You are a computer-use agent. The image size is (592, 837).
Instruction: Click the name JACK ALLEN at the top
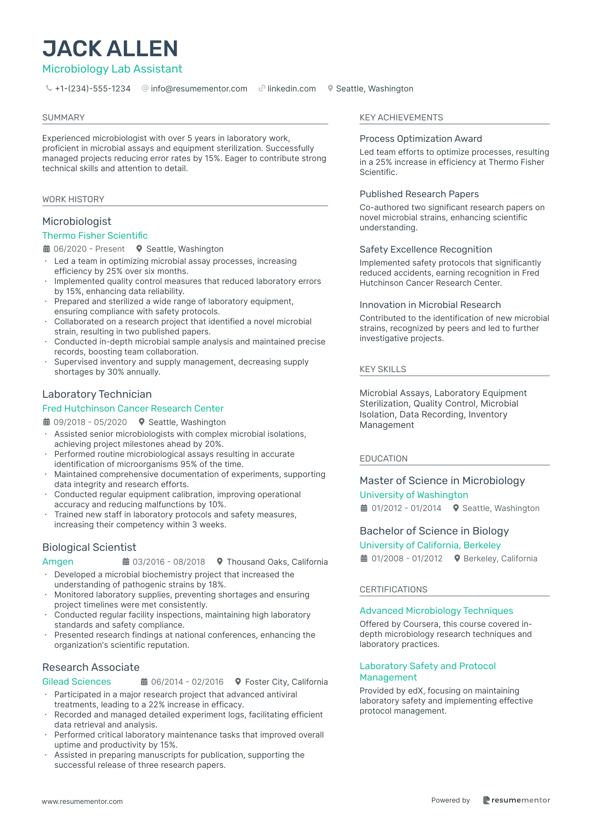[110, 49]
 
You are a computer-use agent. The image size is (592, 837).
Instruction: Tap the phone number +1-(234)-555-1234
[92, 89]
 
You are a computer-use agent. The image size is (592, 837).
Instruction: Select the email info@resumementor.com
[199, 89]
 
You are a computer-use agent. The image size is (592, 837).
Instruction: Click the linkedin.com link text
[291, 89]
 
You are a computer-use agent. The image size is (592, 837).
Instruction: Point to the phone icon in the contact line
[49, 88]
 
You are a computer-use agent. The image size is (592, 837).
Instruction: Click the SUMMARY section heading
[63, 117]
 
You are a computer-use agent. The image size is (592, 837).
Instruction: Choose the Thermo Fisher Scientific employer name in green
[95, 235]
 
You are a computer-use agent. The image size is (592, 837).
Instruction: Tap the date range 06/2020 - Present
[89, 249]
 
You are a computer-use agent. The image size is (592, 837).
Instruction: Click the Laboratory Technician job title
[97, 394]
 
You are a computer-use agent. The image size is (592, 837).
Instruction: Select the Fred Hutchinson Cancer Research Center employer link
[133, 408]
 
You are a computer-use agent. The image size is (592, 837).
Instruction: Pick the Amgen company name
[58, 561]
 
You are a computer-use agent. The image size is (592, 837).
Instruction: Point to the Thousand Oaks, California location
[277, 562]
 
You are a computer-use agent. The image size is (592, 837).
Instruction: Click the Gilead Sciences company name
[77, 681]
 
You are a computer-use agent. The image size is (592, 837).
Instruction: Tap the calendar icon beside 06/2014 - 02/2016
[144, 682]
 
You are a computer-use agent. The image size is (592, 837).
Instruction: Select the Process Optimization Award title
[421, 138]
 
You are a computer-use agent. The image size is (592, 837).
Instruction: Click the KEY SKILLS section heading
[383, 369]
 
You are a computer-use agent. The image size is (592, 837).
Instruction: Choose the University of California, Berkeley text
[430, 545]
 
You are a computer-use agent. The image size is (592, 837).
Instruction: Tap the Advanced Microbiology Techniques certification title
[436, 610]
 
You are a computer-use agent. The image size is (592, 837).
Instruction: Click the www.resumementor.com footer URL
[82, 801]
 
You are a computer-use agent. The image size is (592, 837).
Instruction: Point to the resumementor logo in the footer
[516, 800]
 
